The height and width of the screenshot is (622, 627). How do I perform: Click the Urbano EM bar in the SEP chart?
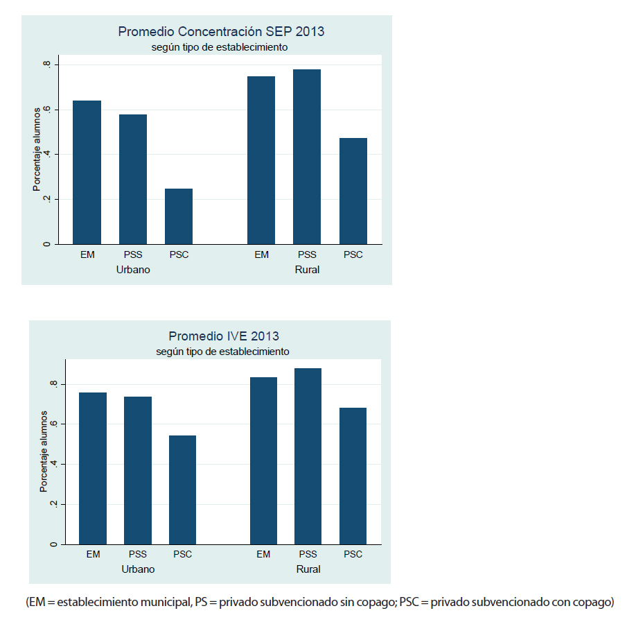pyautogui.click(x=87, y=172)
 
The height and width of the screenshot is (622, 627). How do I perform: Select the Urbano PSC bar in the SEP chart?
pyautogui.click(x=179, y=216)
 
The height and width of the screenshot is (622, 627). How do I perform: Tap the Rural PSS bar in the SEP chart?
pyautogui.click(x=307, y=157)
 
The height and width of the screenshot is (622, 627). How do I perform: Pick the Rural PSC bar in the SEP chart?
pyautogui.click(x=353, y=191)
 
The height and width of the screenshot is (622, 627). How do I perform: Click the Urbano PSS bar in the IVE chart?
pyautogui.click(x=138, y=470)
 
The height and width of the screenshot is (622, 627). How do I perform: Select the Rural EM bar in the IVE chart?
pyautogui.click(x=263, y=460)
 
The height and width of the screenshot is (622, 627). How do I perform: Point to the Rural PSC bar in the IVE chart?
pyautogui.click(x=353, y=476)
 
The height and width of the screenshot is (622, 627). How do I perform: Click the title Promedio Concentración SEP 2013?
pyautogui.click(x=221, y=31)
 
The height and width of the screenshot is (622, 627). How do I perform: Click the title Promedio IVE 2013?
pyautogui.click(x=223, y=336)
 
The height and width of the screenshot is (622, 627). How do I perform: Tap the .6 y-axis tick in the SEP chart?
pyautogui.click(x=46, y=110)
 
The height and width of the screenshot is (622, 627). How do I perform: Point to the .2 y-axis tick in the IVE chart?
pyautogui.click(x=53, y=504)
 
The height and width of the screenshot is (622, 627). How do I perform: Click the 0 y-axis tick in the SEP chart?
pyautogui.click(x=46, y=244)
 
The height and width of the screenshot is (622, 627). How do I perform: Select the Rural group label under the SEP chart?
pyautogui.click(x=307, y=270)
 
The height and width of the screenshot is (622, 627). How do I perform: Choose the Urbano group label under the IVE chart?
pyautogui.click(x=138, y=569)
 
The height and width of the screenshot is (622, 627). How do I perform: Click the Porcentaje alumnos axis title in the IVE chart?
pyautogui.click(x=43, y=451)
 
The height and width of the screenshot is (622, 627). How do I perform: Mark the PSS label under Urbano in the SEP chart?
pyautogui.click(x=133, y=255)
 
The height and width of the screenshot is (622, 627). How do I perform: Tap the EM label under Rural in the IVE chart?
pyautogui.click(x=263, y=555)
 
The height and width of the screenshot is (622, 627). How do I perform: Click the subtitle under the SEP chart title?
pyautogui.click(x=220, y=47)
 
